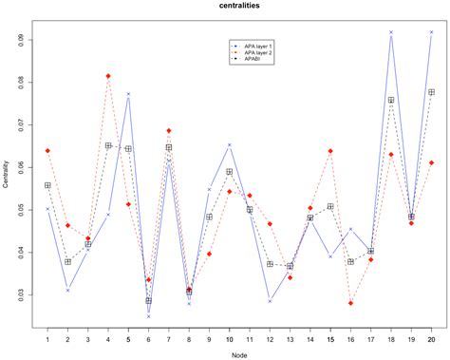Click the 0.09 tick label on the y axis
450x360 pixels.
click(21, 40)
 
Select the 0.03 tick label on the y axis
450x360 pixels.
click(21, 294)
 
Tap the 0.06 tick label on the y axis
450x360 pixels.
click(21, 167)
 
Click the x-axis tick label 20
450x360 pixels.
click(432, 338)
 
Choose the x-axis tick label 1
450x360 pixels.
click(47, 338)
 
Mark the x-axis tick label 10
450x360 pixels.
click(230, 338)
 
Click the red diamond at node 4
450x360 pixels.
click(108, 76)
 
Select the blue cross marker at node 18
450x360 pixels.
click(391, 32)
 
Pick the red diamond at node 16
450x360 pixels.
click(350, 303)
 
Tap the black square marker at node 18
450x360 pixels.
click(391, 100)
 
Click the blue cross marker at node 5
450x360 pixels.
click(128, 94)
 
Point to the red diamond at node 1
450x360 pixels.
click(47, 151)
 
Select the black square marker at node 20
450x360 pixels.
click(432, 92)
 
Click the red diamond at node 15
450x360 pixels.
click(330, 151)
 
